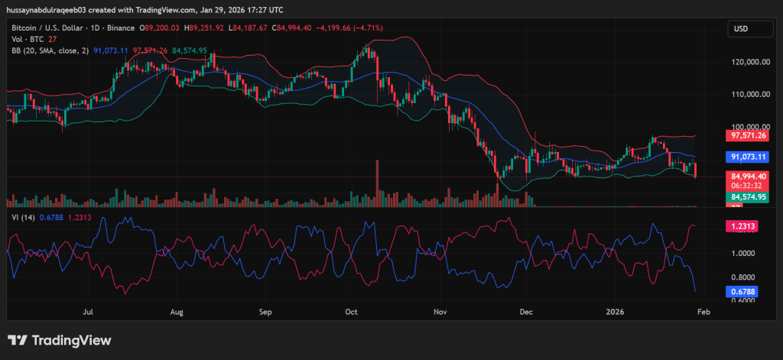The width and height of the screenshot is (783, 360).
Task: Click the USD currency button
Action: (740, 28)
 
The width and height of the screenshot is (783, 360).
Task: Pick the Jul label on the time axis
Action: (89, 312)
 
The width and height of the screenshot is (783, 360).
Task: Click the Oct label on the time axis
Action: (352, 312)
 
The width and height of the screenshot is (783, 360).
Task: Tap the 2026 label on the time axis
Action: (616, 312)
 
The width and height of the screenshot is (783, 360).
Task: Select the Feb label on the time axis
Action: (705, 312)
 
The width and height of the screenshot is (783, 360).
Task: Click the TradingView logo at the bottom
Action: (60, 340)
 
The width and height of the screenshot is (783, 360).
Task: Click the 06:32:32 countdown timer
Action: (743, 185)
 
